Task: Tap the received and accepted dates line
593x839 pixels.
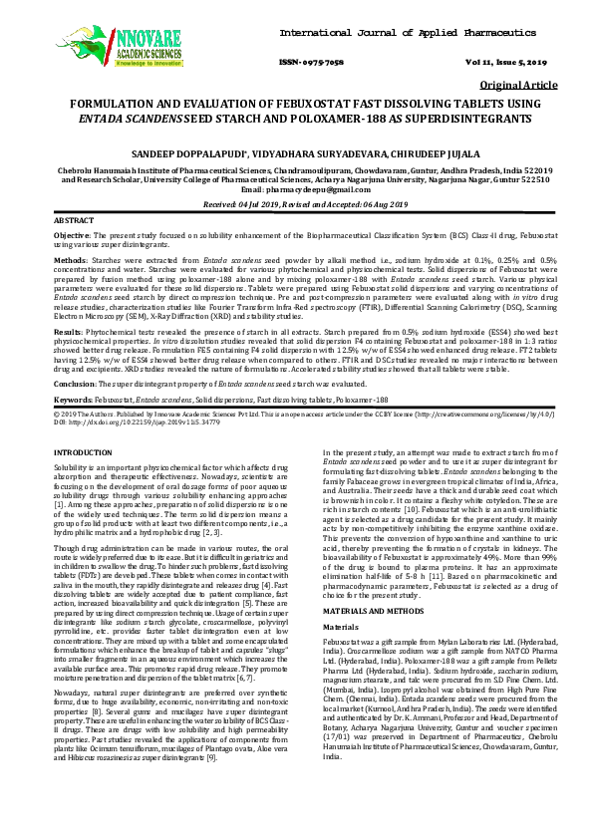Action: [x=295, y=203]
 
